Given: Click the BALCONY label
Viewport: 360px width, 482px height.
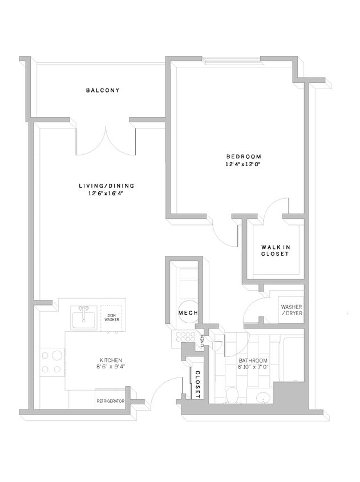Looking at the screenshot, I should (x=103, y=90).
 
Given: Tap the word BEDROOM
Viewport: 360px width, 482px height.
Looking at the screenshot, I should (x=244, y=156).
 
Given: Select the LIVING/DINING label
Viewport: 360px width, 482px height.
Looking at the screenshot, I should (x=102, y=186).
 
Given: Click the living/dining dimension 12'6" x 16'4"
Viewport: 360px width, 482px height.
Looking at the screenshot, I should (x=102, y=194).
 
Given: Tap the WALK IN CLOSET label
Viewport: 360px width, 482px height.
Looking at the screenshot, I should (x=276, y=250).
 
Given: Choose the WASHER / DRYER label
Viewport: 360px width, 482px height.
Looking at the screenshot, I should (x=291, y=310).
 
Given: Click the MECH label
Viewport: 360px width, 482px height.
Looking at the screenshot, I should (x=188, y=313).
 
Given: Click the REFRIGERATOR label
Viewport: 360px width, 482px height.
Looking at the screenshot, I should (x=110, y=401).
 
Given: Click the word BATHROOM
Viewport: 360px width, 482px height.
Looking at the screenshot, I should (x=253, y=360).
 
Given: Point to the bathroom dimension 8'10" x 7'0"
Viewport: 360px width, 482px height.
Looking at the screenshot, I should (x=253, y=368).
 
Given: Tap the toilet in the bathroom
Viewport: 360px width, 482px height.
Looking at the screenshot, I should (x=232, y=395).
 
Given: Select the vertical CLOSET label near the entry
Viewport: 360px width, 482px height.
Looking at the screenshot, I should (x=197, y=383).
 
